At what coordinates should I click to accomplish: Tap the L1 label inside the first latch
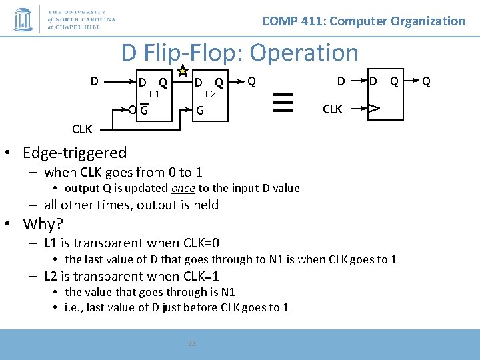point(155,94)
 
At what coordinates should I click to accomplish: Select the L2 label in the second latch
point(211,94)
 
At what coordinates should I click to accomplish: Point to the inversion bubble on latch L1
point(133,110)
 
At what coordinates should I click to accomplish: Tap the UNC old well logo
point(23,19)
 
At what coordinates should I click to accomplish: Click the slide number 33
point(191,343)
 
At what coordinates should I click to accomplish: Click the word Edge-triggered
point(75,153)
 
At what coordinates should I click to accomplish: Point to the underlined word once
point(183,189)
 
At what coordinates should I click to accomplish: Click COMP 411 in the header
point(293,21)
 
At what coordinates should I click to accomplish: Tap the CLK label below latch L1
point(83,128)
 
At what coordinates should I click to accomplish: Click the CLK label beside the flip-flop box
point(333,108)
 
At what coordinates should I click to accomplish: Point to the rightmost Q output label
point(427,81)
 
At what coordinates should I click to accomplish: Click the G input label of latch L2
point(199,110)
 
